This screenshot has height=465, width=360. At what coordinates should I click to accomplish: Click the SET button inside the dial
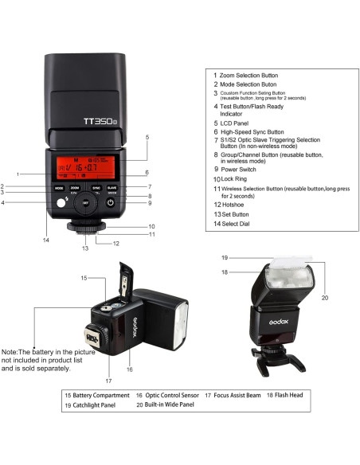pos(84,204)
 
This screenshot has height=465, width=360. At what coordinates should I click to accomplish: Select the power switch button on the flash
pos(111,204)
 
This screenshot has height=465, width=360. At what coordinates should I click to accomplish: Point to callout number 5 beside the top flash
pos(147,137)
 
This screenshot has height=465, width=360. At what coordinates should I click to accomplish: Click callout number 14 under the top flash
pos(46,240)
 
